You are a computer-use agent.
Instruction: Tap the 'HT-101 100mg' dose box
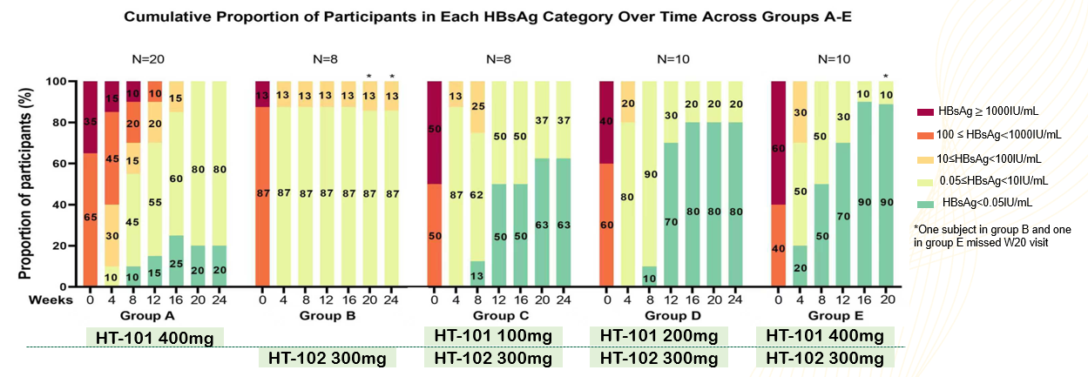click(493, 336)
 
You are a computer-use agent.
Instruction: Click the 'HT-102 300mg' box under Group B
click(328, 357)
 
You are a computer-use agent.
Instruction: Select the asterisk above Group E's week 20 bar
click(885, 76)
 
